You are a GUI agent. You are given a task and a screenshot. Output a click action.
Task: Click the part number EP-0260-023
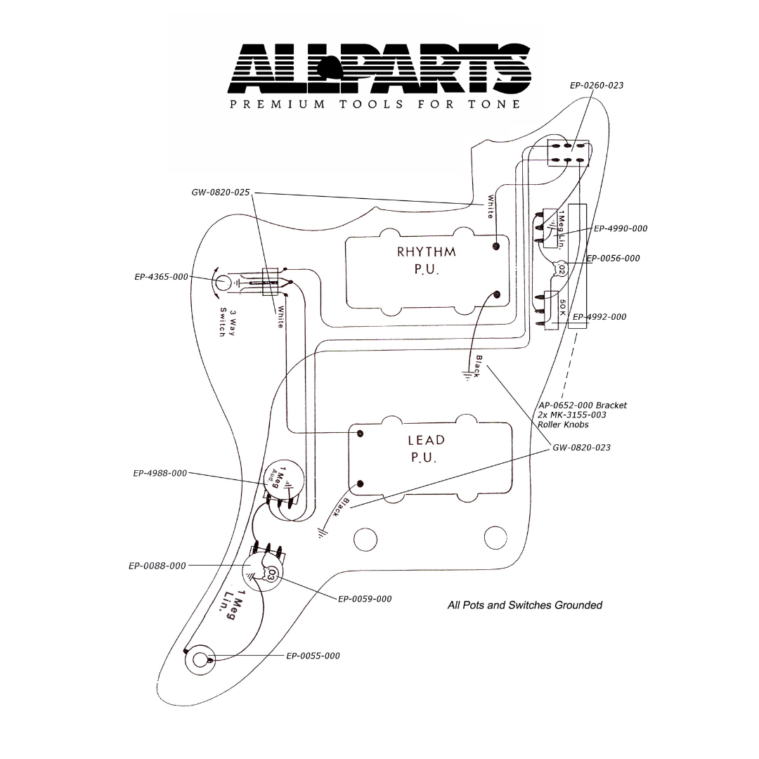point(596,85)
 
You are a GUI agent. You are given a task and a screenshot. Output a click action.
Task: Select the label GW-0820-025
point(220,192)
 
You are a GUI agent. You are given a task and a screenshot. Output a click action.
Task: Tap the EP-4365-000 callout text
point(161,277)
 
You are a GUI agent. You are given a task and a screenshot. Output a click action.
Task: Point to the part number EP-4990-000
point(621,228)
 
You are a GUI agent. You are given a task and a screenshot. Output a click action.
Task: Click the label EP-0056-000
point(613,258)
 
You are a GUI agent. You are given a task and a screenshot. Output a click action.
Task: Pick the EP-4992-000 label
point(599,317)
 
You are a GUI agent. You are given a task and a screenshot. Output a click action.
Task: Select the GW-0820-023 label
point(581,447)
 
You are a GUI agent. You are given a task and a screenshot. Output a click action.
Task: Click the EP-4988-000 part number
point(160,473)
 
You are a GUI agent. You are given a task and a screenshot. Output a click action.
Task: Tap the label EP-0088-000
point(157,565)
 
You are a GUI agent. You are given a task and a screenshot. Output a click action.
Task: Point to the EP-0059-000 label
point(365,599)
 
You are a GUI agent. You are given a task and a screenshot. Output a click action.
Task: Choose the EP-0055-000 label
point(313,656)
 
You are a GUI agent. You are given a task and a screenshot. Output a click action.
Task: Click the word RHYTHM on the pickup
point(427,252)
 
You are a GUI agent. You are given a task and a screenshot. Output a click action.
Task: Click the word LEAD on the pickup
point(427,441)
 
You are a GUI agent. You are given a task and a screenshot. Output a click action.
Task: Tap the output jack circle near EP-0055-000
point(200,660)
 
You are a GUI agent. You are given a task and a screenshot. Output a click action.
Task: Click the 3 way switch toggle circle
point(223,283)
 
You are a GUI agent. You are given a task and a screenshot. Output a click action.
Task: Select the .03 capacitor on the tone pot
point(271,575)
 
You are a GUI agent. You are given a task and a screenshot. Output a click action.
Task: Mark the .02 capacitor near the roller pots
point(561,268)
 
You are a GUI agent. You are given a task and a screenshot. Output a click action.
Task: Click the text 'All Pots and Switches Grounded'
point(524,604)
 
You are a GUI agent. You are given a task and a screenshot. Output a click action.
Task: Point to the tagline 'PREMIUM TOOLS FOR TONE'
point(375,105)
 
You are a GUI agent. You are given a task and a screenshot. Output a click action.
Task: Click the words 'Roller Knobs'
point(563,424)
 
